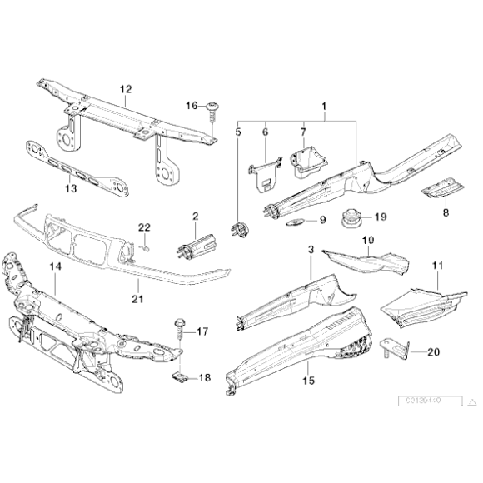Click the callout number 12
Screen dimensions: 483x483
pyautogui.click(x=126, y=89)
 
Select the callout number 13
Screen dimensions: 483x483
pyautogui.click(x=71, y=189)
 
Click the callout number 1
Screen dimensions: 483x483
pyautogui.click(x=324, y=107)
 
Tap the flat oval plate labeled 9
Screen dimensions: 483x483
pyautogui.click(x=294, y=222)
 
